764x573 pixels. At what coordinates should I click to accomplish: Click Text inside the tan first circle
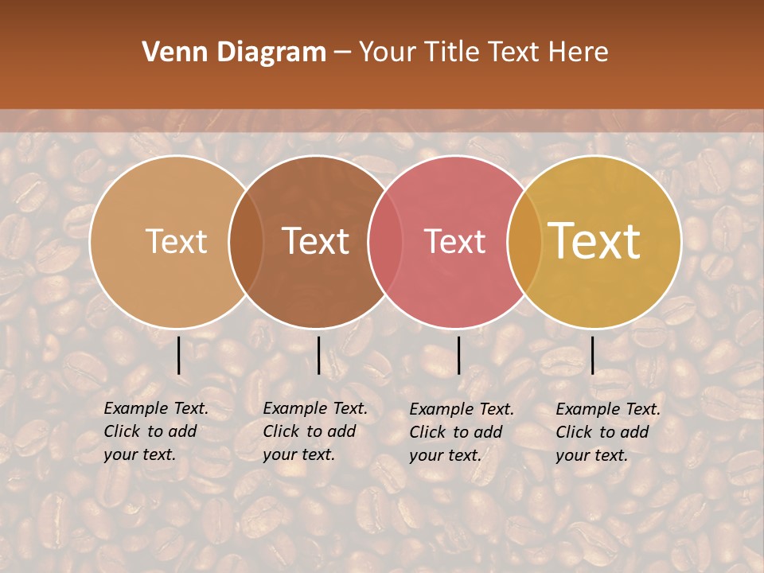point(176,241)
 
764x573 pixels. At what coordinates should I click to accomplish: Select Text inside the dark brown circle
point(316,241)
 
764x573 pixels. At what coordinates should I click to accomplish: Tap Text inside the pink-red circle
point(455,241)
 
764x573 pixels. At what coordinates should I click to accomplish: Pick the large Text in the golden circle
point(594,241)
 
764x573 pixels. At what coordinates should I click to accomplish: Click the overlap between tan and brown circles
point(246,241)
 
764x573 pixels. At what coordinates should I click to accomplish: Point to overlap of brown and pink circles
point(385,241)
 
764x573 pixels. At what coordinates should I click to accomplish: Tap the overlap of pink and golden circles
point(524,241)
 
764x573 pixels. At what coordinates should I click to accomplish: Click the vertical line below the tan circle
point(179,355)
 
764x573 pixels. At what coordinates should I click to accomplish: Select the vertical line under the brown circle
point(318,355)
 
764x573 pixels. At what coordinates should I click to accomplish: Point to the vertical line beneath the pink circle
point(458,355)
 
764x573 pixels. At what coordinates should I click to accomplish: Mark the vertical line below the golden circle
point(592,355)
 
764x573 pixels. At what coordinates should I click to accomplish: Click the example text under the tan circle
point(155,431)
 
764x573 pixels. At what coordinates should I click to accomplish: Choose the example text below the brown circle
point(314,431)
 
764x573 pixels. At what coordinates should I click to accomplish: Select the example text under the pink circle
point(461,432)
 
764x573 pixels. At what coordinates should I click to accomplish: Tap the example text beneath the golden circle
point(607,432)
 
